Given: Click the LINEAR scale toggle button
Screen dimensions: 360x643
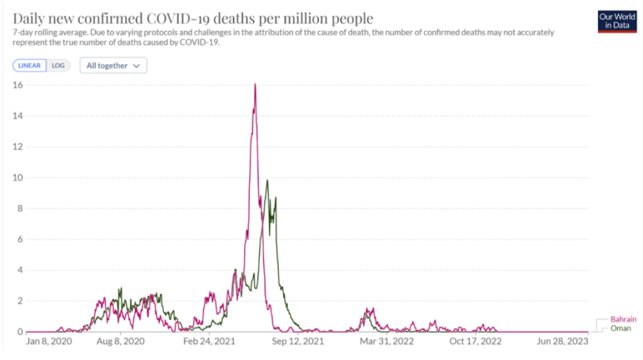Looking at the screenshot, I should click(30, 65).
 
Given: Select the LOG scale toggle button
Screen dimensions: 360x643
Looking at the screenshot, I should click(58, 65).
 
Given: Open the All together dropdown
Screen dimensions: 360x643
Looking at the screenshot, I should click(113, 65).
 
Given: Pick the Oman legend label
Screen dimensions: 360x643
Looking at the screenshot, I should click(620, 328).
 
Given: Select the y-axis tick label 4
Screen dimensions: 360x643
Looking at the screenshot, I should click(19, 270).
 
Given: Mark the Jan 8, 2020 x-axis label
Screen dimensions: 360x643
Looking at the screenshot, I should click(48, 342).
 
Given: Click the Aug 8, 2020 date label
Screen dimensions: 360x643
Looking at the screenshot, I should click(121, 342).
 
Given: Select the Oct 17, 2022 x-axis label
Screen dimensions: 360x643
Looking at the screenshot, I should click(475, 342).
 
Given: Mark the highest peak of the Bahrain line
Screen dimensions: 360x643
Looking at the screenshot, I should click(255, 84).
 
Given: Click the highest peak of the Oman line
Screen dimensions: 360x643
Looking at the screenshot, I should click(267, 180).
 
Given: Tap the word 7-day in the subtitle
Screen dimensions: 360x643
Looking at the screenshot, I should click(23, 33).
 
